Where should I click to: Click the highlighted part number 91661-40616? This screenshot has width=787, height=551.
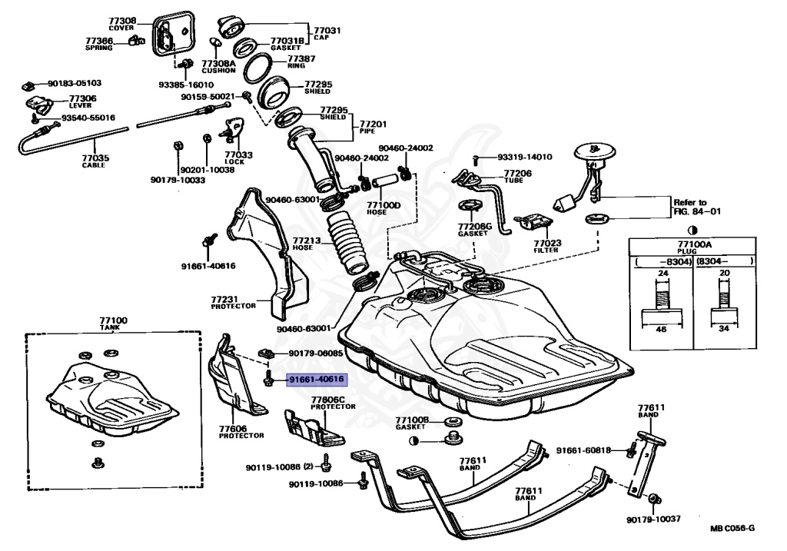click(x=316, y=380)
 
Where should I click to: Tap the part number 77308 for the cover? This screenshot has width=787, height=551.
click(x=122, y=21)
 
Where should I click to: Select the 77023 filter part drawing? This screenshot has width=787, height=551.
click(x=533, y=222)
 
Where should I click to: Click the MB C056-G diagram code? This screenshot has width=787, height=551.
click(x=732, y=528)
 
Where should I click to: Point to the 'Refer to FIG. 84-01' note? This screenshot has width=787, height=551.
click(x=696, y=207)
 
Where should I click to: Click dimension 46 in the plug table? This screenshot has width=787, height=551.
click(x=661, y=329)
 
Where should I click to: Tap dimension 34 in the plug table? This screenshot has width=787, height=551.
click(x=724, y=329)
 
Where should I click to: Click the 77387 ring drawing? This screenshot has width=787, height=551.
click(x=259, y=69)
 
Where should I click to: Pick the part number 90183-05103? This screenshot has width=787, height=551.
click(x=75, y=83)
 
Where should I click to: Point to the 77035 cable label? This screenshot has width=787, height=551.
click(x=95, y=161)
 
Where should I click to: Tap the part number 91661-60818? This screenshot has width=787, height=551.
click(x=583, y=450)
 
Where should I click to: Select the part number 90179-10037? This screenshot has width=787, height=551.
click(x=653, y=519)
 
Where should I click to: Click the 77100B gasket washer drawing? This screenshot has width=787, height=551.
click(x=453, y=420)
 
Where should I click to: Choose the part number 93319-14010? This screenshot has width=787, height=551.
click(x=524, y=157)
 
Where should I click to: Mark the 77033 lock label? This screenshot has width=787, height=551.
click(x=238, y=158)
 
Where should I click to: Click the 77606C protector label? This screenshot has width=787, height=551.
click(x=333, y=403)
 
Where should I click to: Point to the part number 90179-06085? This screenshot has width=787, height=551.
click(x=316, y=354)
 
